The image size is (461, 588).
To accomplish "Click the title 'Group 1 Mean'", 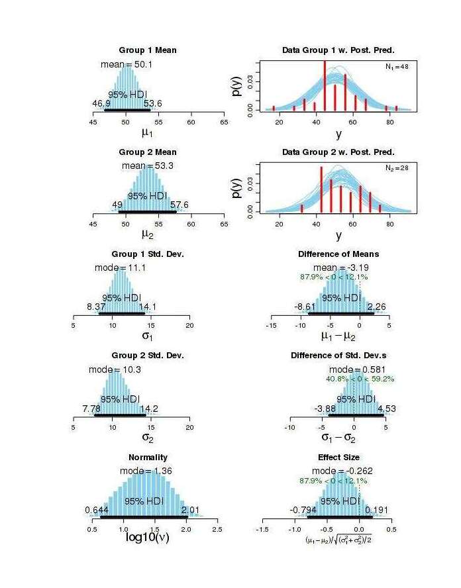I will click(x=147, y=50).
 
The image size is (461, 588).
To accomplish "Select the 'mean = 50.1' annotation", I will click(x=127, y=64).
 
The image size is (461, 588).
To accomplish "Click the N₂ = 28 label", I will click(x=397, y=170).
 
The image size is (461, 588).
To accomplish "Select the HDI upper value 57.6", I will click(x=179, y=205).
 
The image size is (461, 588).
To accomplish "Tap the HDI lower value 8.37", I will click(x=97, y=307).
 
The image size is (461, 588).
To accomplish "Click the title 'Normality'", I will click(x=147, y=458).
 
